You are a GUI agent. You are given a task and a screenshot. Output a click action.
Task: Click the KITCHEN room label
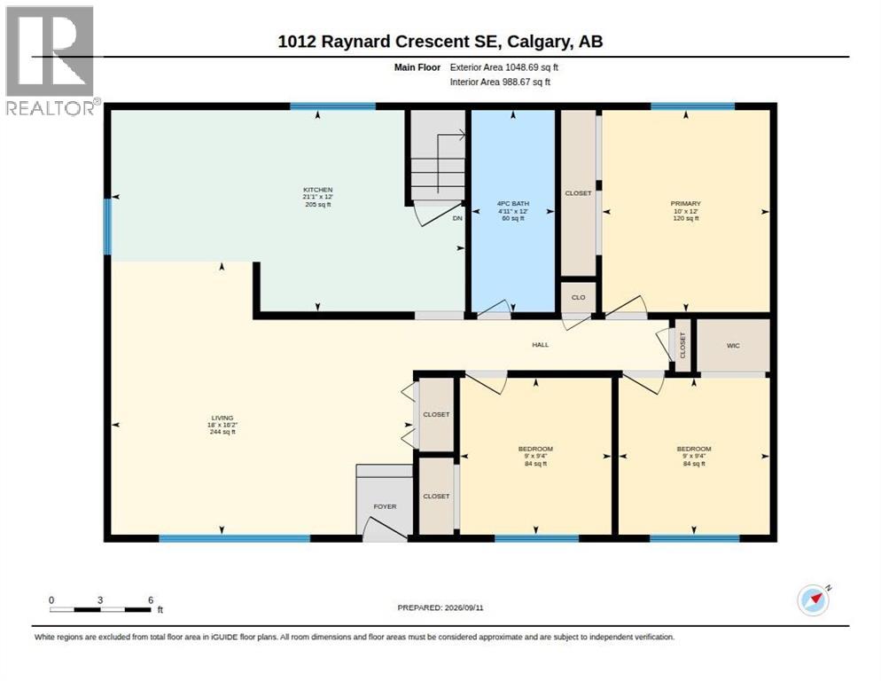pyautogui.click(x=318, y=190)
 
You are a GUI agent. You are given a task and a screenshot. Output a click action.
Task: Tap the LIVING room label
pyautogui.click(x=222, y=418)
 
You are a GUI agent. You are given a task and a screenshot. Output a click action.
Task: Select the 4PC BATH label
pyautogui.click(x=512, y=204)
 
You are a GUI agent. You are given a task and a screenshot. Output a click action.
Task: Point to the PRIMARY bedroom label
pyautogui.click(x=685, y=204)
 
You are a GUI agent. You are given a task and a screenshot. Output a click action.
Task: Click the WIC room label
pyautogui.click(x=733, y=346)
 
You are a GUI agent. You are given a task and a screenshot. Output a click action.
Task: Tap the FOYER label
pyautogui.click(x=385, y=506)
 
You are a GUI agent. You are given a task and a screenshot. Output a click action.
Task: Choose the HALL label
pyautogui.click(x=540, y=345)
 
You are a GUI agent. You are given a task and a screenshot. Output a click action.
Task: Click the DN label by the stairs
pyautogui.click(x=457, y=218)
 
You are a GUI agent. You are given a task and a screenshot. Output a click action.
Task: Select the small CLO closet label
pyautogui.click(x=578, y=297)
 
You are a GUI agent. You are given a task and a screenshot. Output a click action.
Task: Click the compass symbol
pyautogui.click(x=814, y=600)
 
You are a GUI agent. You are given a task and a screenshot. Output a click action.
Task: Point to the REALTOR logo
pyautogui.click(x=51, y=60)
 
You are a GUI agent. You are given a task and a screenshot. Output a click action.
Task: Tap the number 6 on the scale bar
pyautogui.click(x=151, y=600)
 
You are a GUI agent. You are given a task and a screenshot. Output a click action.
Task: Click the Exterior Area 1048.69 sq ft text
pyautogui.click(x=503, y=67)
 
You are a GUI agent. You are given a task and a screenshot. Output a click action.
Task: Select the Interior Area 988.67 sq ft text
pyautogui.click(x=500, y=82)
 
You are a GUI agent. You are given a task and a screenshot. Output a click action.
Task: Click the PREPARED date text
pyautogui.click(x=440, y=608)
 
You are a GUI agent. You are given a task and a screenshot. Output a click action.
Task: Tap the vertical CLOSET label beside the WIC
pyautogui.click(x=682, y=345)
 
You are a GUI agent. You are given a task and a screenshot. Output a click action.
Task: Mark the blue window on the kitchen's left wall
pyautogui.click(x=107, y=226)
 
